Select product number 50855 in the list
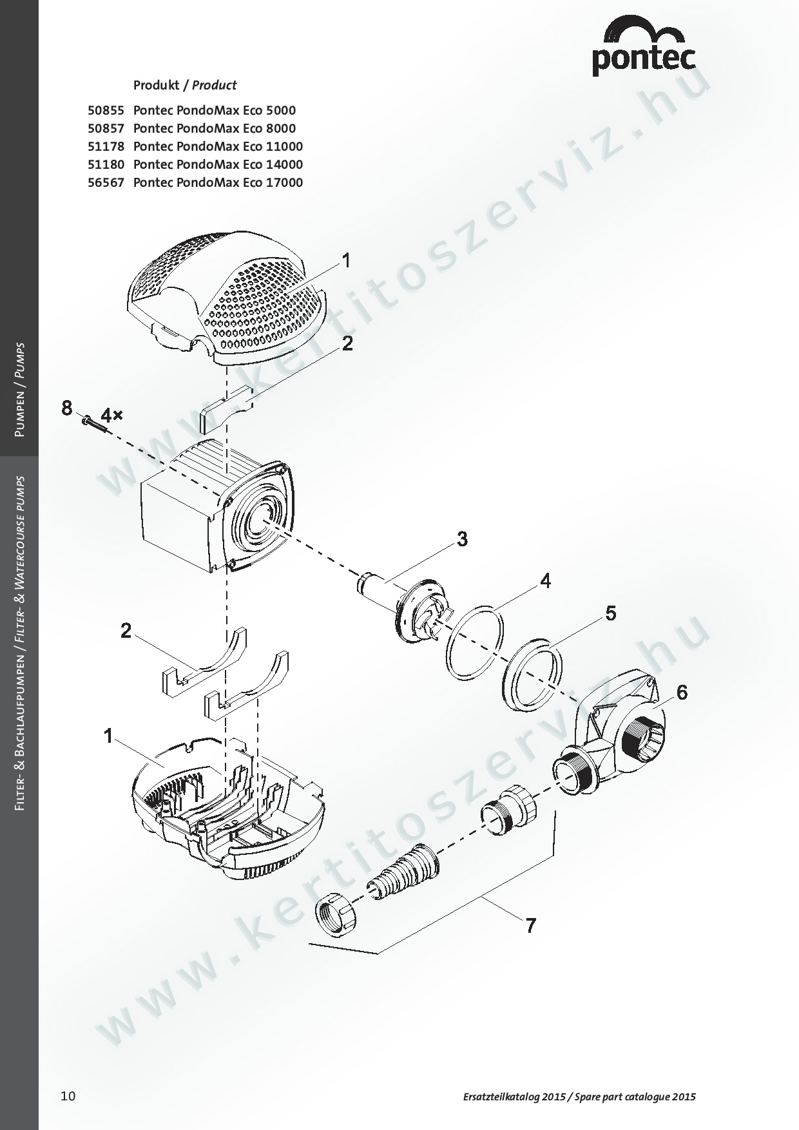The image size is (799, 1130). pyautogui.click(x=106, y=110)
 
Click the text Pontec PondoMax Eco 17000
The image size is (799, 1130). pyautogui.click(x=218, y=182)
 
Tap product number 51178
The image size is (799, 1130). pyautogui.click(x=106, y=146)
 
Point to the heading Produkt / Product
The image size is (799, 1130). pyautogui.click(x=184, y=85)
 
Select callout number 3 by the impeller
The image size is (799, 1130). pyautogui.click(x=462, y=539)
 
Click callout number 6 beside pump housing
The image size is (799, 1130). pyautogui.click(x=681, y=693)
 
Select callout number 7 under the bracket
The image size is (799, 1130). pyautogui.click(x=530, y=926)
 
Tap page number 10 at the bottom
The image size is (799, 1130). pyautogui.click(x=68, y=1096)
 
